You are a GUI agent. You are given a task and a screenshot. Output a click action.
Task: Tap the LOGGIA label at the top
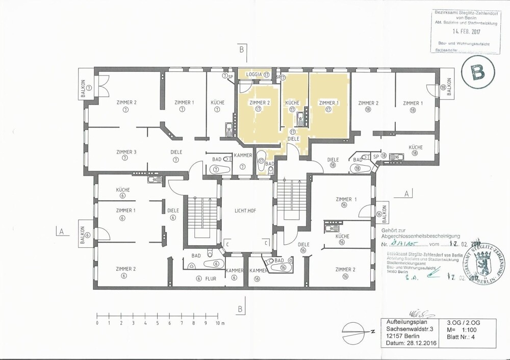(x=253, y=74)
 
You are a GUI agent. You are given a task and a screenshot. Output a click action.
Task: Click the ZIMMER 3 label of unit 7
(x=126, y=152)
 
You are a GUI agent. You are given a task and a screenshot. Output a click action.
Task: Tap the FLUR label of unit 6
(x=211, y=278)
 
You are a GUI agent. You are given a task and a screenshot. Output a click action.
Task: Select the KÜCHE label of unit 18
(x=416, y=147)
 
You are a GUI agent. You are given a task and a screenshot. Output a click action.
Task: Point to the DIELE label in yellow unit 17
(x=293, y=138)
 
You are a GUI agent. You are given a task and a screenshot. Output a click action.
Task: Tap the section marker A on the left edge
(x=61, y=231)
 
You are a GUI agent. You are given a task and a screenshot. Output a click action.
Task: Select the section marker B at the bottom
(x=239, y=308)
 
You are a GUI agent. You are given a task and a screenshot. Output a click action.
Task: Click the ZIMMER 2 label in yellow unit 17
(x=259, y=102)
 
